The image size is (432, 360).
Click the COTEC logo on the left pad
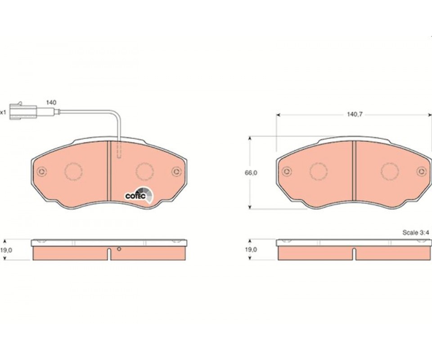[x=139, y=194]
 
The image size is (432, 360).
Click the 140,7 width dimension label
[x=355, y=114]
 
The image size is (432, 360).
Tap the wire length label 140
[x=51, y=103]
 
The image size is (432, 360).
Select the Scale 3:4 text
[x=416, y=233]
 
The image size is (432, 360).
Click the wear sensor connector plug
[x=23, y=111]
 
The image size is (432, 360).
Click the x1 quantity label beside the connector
[x=3, y=112]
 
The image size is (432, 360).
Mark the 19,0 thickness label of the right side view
[x=251, y=250]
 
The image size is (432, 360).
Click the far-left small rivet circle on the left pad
[x=42, y=172]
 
